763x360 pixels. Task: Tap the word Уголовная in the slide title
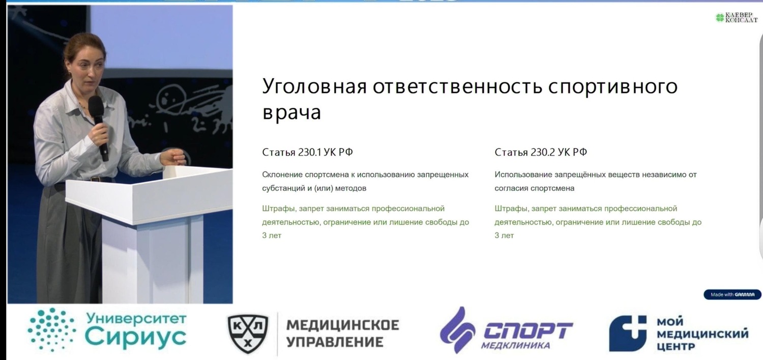314,86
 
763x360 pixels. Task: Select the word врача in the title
291,113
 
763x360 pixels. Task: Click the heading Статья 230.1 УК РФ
307,152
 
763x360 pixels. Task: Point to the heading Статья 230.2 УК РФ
541,152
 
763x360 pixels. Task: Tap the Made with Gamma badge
732,294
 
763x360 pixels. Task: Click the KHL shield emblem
248,334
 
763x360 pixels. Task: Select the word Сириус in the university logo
136,337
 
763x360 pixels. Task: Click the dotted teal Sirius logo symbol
52,329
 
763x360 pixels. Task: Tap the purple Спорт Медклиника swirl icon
457,330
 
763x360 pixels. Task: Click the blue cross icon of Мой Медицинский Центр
627,333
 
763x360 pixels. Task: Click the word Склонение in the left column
282,175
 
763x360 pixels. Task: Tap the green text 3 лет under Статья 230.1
272,235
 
